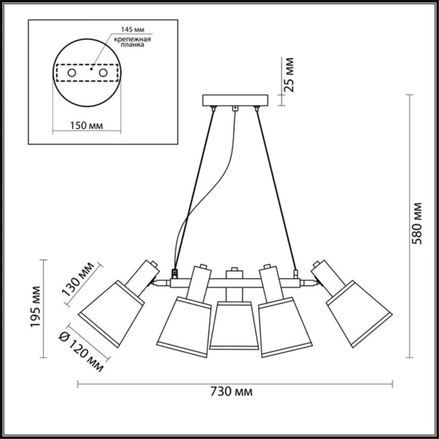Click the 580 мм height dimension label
point(418,223)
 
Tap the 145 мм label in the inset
point(131,29)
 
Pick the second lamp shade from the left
point(183,327)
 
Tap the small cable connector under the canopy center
point(235,109)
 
